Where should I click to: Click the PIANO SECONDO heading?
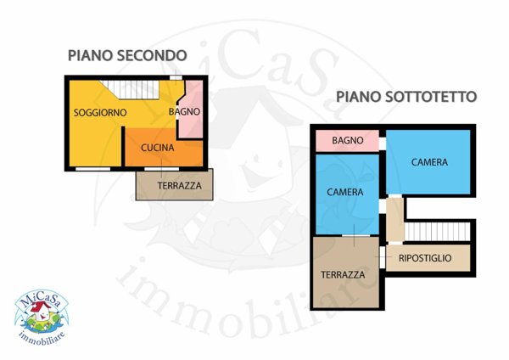(x=127, y=55)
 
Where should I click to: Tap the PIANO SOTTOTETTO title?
(x=406, y=97)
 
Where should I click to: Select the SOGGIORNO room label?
(x=100, y=113)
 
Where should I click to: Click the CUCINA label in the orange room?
(x=158, y=148)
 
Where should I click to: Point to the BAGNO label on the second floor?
(x=184, y=112)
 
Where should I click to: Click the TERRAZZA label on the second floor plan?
(x=180, y=186)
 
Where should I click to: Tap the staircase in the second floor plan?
(x=130, y=89)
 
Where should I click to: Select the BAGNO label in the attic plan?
(x=347, y=141)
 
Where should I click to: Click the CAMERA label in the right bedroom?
(x=429, y=162)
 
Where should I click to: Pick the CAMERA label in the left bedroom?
(x=344, y=193)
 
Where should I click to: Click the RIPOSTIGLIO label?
(x=425, y=258)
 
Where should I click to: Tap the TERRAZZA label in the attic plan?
(x=343, y=275)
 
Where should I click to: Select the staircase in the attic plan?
(x=437, y=232)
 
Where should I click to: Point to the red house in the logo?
(x=41, y=310)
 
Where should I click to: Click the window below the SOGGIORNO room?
(x=92, y=169)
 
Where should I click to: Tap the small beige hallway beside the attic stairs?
(x=395, y=220)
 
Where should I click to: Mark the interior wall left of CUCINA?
(x=123, y=146)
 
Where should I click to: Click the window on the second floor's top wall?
(x=176, y=77)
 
